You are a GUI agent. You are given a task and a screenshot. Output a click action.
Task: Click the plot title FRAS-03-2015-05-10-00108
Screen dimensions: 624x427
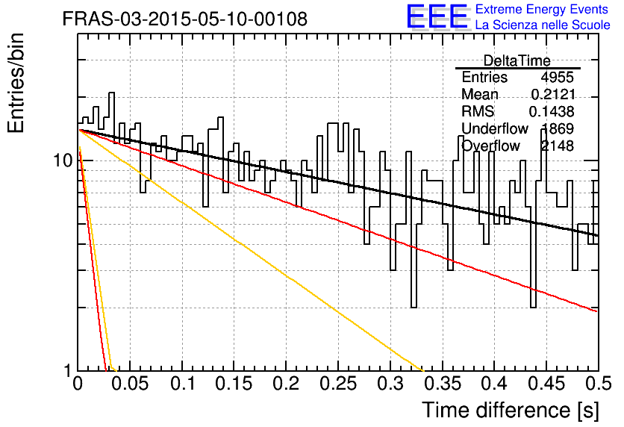point(185,19)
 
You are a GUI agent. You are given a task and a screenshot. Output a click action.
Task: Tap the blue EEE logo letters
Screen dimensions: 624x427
point(437,16)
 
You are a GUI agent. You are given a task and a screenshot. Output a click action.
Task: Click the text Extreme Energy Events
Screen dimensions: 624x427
point(542,9)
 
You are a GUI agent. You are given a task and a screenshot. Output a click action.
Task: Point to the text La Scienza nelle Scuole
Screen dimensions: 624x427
point(543,25)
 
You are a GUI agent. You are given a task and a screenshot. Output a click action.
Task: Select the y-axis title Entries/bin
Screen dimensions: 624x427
point(16,83)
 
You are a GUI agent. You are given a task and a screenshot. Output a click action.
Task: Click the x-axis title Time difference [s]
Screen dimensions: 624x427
point(511,410)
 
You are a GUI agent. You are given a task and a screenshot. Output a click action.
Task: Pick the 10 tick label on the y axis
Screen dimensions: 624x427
point(63,160)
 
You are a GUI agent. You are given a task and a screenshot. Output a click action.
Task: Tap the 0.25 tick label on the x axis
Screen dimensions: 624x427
point(338,383)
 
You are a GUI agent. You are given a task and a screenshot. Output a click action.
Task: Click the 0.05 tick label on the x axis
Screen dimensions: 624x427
point(129,383)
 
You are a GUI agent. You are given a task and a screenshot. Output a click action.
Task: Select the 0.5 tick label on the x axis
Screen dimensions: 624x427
point(598,383)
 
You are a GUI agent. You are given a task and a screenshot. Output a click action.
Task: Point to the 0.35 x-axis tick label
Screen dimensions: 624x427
point(443,383)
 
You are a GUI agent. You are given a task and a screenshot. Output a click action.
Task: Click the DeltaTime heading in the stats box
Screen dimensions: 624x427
point(517,60)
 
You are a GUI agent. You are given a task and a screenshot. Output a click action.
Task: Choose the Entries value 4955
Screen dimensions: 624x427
point(557,77)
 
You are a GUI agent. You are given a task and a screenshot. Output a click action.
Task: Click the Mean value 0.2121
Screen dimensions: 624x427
point(553,94)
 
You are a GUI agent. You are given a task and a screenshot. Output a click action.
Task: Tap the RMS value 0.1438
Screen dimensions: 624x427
point(552,111)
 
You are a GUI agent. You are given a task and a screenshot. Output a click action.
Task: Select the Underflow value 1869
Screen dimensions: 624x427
point(558,128)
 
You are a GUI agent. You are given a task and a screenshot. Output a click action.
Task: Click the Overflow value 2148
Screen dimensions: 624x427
point(557,146)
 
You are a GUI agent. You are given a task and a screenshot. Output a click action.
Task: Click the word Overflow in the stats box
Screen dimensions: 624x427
point(490,146)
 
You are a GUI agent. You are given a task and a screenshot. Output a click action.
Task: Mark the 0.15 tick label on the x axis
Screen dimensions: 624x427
point(234,383)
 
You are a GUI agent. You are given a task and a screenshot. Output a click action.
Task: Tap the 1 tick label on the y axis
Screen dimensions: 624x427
point(68,371)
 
